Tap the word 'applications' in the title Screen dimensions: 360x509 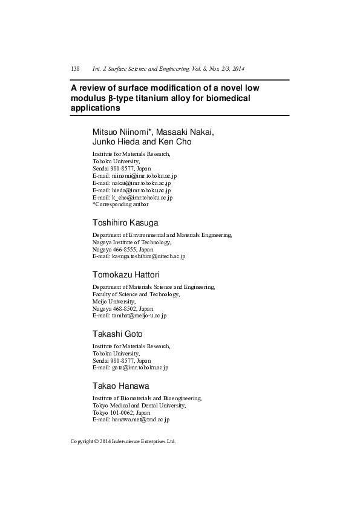96,108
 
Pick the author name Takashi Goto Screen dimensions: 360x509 117,334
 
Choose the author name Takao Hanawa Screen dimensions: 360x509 120,385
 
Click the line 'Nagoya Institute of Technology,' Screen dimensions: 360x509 132,242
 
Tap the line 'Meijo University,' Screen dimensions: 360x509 114,301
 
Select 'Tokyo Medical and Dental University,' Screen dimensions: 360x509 142,404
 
